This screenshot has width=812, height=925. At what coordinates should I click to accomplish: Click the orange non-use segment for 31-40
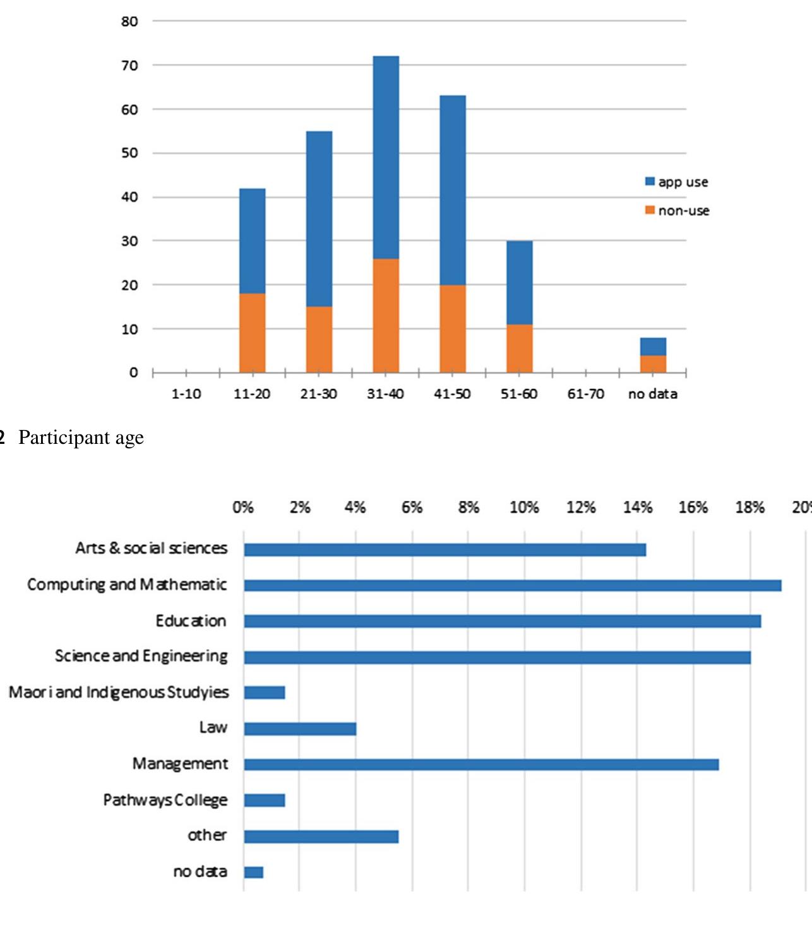click(386, 316)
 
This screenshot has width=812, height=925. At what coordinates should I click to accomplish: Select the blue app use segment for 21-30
click(319, 218)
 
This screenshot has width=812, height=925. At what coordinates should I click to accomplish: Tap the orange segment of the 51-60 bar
click(519, 349)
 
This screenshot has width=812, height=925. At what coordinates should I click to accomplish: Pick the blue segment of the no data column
click(653, 347)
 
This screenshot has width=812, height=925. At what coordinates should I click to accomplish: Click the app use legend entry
click(676, 182)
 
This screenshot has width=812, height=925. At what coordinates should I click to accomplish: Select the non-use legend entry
click(677, 210)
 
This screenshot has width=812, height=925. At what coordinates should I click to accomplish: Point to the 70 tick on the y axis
click(129, 66)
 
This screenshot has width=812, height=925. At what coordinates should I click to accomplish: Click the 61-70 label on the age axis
click(585, 394)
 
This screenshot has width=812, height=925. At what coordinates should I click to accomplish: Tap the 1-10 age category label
click(186, 394)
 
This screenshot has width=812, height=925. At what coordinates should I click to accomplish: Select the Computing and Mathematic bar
click(512, 585)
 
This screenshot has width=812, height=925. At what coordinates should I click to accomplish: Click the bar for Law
click(300, 729)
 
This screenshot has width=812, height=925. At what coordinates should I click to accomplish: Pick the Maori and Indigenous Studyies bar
click(265, 693)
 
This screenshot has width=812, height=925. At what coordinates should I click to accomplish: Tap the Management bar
click(481, 765)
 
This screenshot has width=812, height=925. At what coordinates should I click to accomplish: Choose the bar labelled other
click(321, 837)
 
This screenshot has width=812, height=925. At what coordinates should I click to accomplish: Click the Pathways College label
click(165, 800)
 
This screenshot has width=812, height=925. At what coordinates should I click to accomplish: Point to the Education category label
click(191, 621)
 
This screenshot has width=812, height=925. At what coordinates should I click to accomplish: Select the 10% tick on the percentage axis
click(524, 508)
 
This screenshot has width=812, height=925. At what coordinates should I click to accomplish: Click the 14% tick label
click(637, 508)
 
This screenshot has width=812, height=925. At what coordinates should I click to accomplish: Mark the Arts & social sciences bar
click(445, 550)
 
